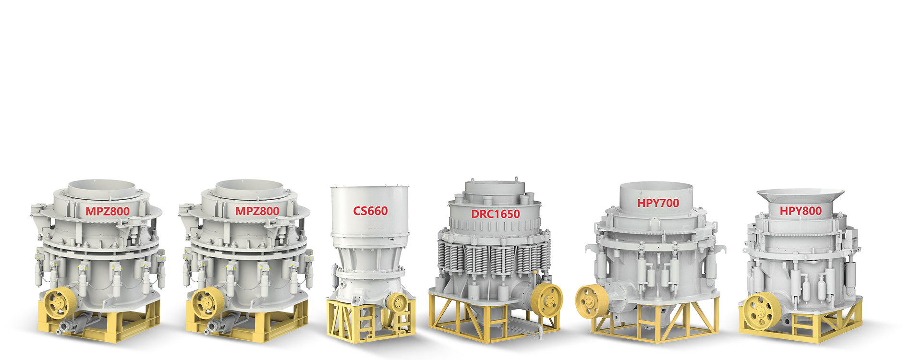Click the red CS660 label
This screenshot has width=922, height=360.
coord(370,211)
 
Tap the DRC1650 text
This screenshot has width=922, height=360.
coord(496,214)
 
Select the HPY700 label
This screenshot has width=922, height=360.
coord(658,203)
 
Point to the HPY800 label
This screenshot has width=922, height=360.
coord(801,211)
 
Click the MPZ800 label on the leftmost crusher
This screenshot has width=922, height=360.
coord(108,211)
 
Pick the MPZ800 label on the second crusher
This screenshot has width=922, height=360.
coord(257,211)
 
